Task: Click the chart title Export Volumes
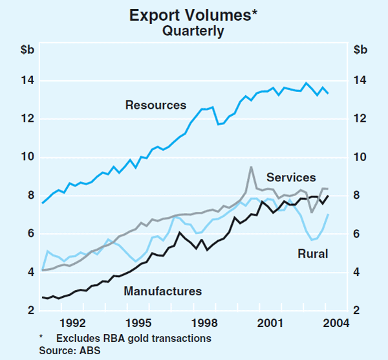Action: point(189,14)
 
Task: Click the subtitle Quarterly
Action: point(194,30)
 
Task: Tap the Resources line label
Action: point(156,105)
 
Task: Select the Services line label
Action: point(291,177)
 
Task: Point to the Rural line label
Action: point(313,254)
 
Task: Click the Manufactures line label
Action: point(164,291)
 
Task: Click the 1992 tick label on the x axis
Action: point(72,322)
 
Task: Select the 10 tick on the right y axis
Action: point(361,157)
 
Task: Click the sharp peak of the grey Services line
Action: point(251,167)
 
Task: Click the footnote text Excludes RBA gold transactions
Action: point(133,337)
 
